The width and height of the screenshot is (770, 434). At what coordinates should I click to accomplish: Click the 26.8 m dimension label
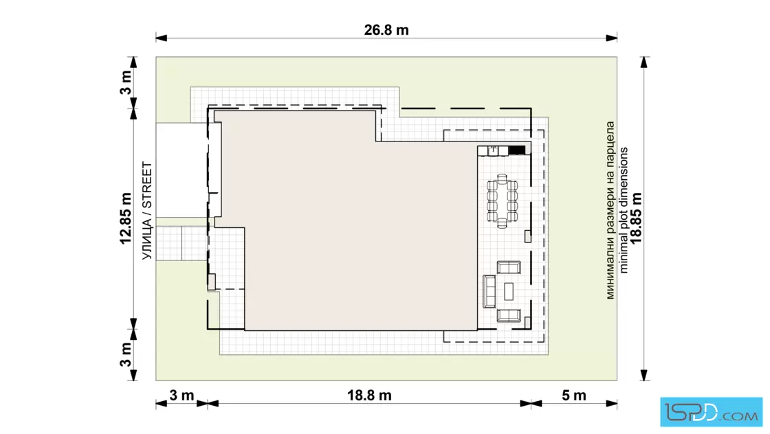(x=386, y=30)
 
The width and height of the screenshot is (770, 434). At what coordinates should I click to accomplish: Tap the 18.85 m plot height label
(x=636, y=218)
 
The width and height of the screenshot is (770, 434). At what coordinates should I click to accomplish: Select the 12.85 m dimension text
(x=126, y=218)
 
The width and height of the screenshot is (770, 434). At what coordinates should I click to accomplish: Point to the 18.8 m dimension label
(x=369, y=396)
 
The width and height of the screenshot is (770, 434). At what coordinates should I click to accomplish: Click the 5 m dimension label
(x=573, y=396)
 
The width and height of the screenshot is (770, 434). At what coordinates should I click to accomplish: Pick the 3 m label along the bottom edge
(x=181, y=396)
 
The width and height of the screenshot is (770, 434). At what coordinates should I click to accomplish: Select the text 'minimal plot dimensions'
(x=623, y=210)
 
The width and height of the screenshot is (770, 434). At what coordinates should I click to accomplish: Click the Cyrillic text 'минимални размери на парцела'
(x=610, y=210)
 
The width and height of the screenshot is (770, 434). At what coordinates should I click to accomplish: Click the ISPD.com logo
(x=711, y=412)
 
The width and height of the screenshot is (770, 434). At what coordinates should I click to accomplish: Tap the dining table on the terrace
(x=502, y=201)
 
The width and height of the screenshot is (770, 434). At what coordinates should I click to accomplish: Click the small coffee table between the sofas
(x=509, y=291)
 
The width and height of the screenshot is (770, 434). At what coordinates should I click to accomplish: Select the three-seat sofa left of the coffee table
(x=489, y=291)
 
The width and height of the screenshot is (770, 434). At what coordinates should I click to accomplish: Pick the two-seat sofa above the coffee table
(x=509, y=267)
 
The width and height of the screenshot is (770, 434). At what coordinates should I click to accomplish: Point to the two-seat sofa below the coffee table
(x=509, y=315)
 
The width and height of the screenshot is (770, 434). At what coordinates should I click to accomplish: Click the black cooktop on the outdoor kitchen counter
(x=516, y=150)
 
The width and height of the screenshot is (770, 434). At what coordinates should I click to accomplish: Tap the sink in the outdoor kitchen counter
(x=493, y=150)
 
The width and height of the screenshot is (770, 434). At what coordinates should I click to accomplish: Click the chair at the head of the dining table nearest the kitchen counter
(x=502, y=178)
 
